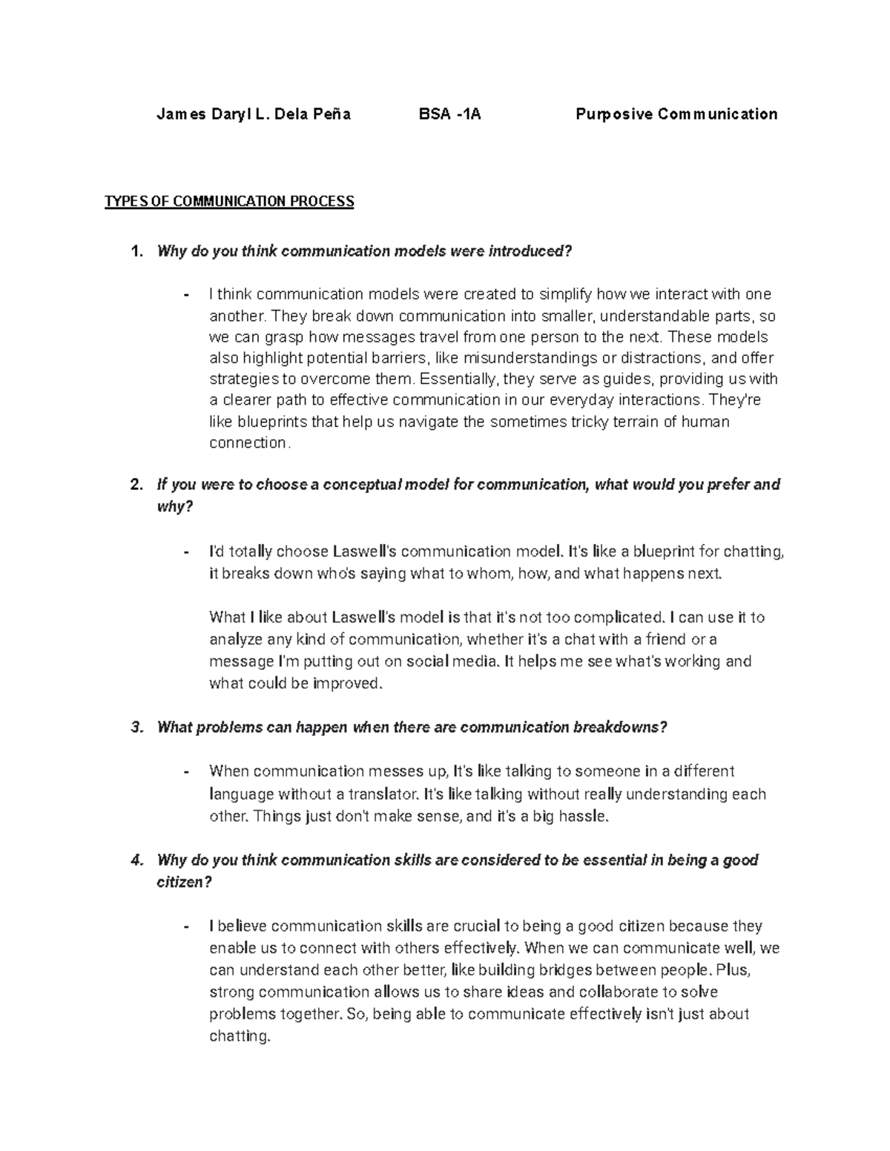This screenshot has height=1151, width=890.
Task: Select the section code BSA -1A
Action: pyautogui.click(x=449, y=114)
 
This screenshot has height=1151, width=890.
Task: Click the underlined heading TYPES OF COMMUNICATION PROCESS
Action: pyautogui.click(x=229, y=202)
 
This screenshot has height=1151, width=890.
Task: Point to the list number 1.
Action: pyautogui.click(x=136, y=251)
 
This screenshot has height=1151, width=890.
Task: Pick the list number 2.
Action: pyautogui.click(x=136, y=485)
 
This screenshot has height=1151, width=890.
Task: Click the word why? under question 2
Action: pyautogui.click(x=175, y=507)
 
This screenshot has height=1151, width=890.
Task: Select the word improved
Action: pyautogui.click(x=348, y=683)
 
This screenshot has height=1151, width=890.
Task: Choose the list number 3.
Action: pyautogui.click(x=136, y=727)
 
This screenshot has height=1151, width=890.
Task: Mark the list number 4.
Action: pyautogui.click(x=136, y=860)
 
